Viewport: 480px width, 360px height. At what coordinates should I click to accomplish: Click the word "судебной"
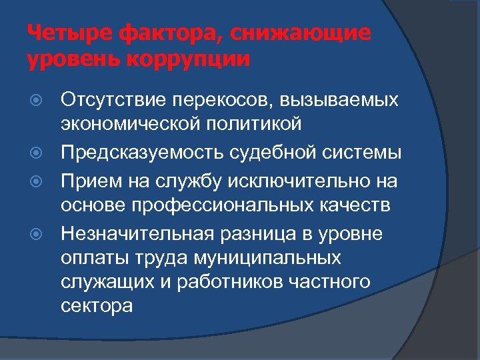269,153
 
